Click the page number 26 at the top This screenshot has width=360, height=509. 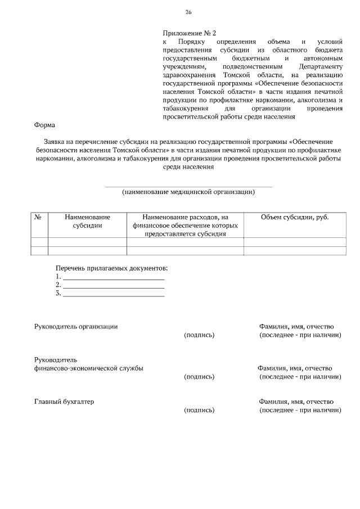[x=188, y=12]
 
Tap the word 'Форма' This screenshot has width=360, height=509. [x=44, y=125]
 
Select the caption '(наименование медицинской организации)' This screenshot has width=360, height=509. [x=188, y=192]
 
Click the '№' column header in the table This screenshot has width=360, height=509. [x=39, y=217]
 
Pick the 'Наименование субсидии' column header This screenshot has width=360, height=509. [x=87, y=221]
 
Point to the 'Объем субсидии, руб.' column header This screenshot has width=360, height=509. [x=295, y=217]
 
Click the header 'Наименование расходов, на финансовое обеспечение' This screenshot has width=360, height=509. [x=185, y=221]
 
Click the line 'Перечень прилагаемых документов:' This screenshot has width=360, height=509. [x=111, y=268]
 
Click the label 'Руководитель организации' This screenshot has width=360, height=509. [x=76, y=326]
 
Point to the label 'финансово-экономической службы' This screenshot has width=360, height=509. [x=88, y=368]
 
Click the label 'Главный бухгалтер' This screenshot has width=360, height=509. [x=64, y=402]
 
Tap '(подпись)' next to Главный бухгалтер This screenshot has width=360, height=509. [x=199, y=410]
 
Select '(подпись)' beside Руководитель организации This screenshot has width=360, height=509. [x=199, y=335]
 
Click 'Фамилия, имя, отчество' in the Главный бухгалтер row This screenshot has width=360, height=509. [x=296, y=402]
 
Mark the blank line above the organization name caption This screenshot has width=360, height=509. [x=188, y=186]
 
